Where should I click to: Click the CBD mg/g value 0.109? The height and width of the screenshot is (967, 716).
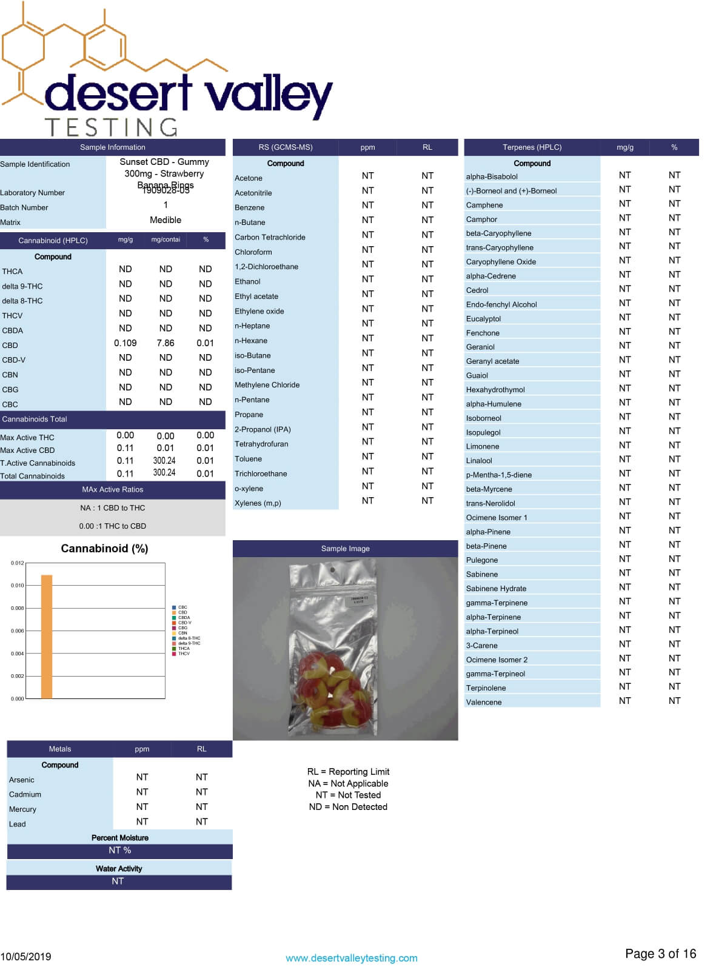125,343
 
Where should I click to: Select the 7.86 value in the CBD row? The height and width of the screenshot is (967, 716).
165,343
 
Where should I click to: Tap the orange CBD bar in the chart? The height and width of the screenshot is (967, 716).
47,637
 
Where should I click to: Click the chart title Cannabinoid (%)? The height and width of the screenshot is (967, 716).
104,548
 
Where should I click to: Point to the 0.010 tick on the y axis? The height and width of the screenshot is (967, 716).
17,586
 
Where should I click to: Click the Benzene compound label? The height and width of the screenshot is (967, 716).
249,207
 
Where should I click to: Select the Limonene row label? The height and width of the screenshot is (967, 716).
483,446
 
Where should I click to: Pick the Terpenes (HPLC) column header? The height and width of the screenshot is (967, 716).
532,147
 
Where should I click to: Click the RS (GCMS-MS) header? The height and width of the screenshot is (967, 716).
285,147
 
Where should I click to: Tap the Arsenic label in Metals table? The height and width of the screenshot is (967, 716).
22,780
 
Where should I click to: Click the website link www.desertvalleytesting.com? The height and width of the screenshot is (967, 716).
351,958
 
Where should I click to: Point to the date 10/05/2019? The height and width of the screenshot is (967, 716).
25,957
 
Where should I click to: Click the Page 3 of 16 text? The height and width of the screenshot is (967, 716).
660,954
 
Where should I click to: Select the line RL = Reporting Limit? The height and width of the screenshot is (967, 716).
348,772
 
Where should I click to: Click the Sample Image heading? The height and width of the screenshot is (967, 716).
345,549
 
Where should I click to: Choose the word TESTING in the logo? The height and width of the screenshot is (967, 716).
112,127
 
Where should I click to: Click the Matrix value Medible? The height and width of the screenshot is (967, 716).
166,220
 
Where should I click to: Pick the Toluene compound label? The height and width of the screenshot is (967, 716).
248,459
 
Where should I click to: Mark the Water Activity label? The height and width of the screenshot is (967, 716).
119,869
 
